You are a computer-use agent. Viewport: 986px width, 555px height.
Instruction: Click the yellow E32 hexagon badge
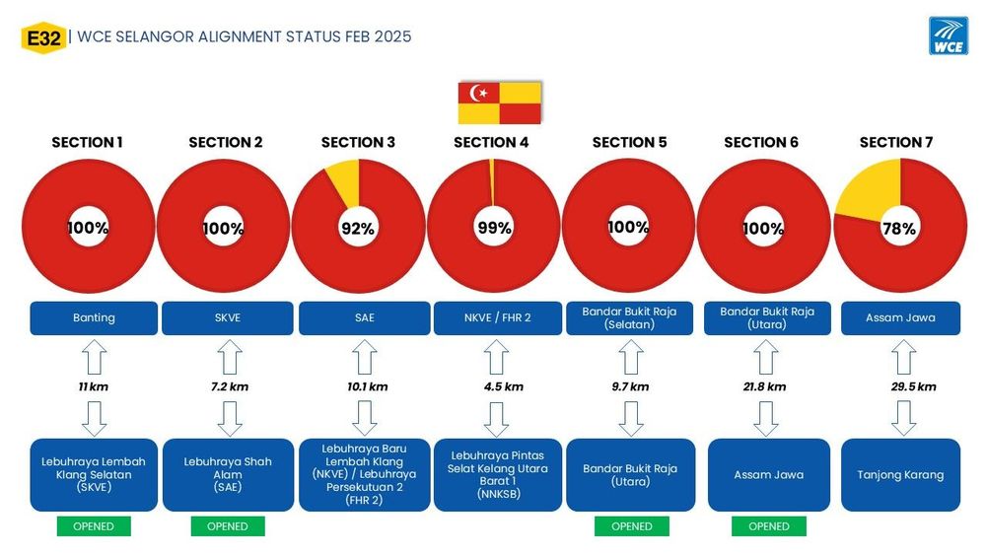click(43, 38)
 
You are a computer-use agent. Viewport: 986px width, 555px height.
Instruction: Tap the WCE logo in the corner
click(949, 35)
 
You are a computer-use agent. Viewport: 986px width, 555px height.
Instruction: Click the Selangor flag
click(499, 103)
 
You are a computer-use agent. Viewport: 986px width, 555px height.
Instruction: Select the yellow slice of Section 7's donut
click(871, 188)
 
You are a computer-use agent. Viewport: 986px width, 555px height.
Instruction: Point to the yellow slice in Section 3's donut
click(344, 179)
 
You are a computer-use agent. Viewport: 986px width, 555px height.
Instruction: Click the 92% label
click(358, 228)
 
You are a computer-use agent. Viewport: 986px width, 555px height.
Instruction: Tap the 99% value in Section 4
click(494, 228)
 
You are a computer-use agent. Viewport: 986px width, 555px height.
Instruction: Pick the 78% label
click(899, 229)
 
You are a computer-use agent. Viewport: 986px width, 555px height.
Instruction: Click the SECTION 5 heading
click(629, 143)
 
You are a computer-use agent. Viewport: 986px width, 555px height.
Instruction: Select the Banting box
click(94, 318)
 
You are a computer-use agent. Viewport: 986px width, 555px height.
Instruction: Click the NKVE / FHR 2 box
click(497, 318)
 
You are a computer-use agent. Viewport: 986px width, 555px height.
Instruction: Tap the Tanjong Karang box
click(900, 474)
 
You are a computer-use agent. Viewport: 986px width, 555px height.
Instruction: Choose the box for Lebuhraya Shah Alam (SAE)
click(228, 474)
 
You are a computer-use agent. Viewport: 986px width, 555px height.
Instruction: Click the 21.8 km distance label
click(765, 386)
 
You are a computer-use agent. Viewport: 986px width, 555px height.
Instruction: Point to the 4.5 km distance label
click(503, 386)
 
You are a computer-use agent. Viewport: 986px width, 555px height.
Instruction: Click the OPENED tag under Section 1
click(94, 526)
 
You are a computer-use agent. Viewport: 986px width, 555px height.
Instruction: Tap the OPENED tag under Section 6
click(769, 526)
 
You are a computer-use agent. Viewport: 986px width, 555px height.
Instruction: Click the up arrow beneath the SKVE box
click(230, 357)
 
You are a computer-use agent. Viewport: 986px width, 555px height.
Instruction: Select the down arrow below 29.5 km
click(903, 418)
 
